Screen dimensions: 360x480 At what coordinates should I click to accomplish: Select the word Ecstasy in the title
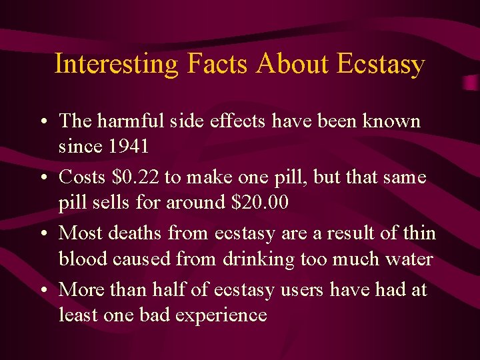pyautogui.click(x=381, y=65)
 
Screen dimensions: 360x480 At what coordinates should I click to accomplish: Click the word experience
pyautogui.click(x=222, y=315)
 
